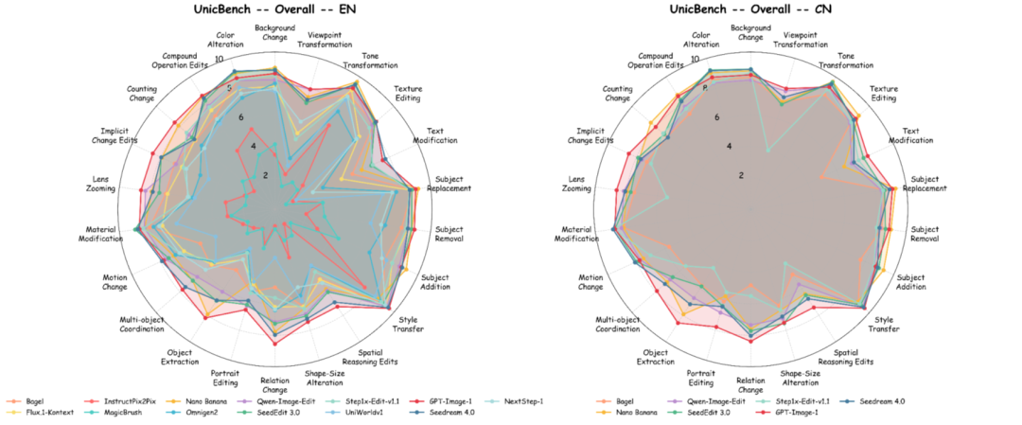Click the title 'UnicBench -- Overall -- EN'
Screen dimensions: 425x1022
(x=275, y=10)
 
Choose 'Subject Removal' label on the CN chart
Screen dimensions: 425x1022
(x=928, y=234)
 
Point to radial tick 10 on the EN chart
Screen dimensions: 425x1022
(x=220, y=60)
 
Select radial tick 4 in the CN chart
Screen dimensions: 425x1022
(x=729, y=147)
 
